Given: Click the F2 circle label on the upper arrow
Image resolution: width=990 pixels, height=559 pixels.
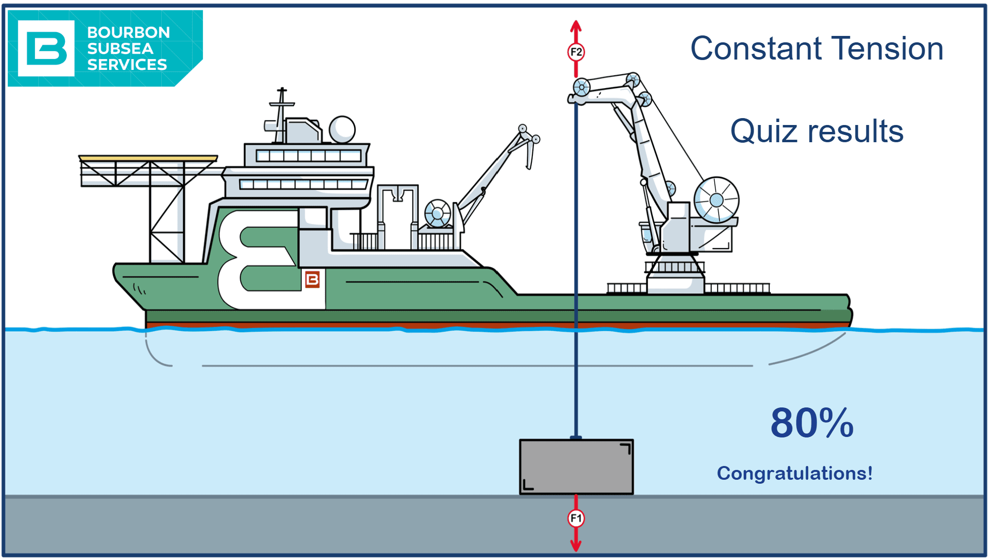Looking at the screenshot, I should click(x=576, y=52).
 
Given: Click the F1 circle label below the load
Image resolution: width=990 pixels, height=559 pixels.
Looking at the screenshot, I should click(x=576, y=518).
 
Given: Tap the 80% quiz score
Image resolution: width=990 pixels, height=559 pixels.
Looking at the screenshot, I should click(x=812, y=423).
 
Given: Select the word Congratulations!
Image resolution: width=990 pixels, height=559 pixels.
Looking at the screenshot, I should click(x=795, y=473).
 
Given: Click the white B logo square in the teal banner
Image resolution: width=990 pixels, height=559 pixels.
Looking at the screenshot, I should click(x=46, y=48).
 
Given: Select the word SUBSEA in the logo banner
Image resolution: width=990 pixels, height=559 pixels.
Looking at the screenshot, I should click(x=120, y=49).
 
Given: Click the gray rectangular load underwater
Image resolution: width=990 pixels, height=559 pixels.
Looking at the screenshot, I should click(x=576, y=466).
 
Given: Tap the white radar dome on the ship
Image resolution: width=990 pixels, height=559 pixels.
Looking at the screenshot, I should click(x=342, y=129).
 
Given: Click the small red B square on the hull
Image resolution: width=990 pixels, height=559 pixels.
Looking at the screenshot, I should click(x=313, y=279).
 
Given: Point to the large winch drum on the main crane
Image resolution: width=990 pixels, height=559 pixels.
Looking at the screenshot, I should click(x=716, y=200).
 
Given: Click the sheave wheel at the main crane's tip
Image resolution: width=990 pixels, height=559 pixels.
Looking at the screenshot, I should click(x=582, y=88).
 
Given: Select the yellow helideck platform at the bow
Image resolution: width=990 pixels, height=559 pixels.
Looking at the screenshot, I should click(x=148, y=158).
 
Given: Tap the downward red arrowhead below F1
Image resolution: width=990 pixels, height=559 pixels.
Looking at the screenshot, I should click(x=576, y=545).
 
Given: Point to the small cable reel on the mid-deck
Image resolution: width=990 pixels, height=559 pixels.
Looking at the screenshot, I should click(x=437, y=213).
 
